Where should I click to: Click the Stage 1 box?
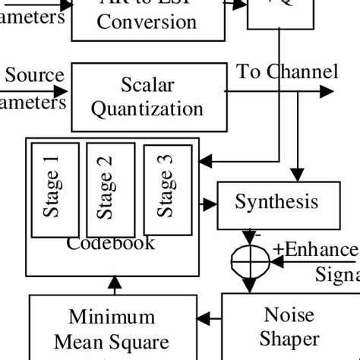tap(54, 190)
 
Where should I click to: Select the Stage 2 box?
tap(110, 190)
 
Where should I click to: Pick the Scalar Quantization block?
tap(148, 96)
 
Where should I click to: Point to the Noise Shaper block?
tap(289, 327)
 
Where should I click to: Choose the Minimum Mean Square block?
tap(112, 328)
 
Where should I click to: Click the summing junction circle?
tap(250, 262)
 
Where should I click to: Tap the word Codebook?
tap(111, 244)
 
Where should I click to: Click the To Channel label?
tap(287, 73)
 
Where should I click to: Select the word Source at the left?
tap(34, 76)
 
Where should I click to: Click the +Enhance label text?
tap(315, 249)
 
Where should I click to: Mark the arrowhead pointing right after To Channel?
tap(327, 92)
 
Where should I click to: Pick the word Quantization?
tap(148, 109)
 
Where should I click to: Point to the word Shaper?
tap(289, 339)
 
